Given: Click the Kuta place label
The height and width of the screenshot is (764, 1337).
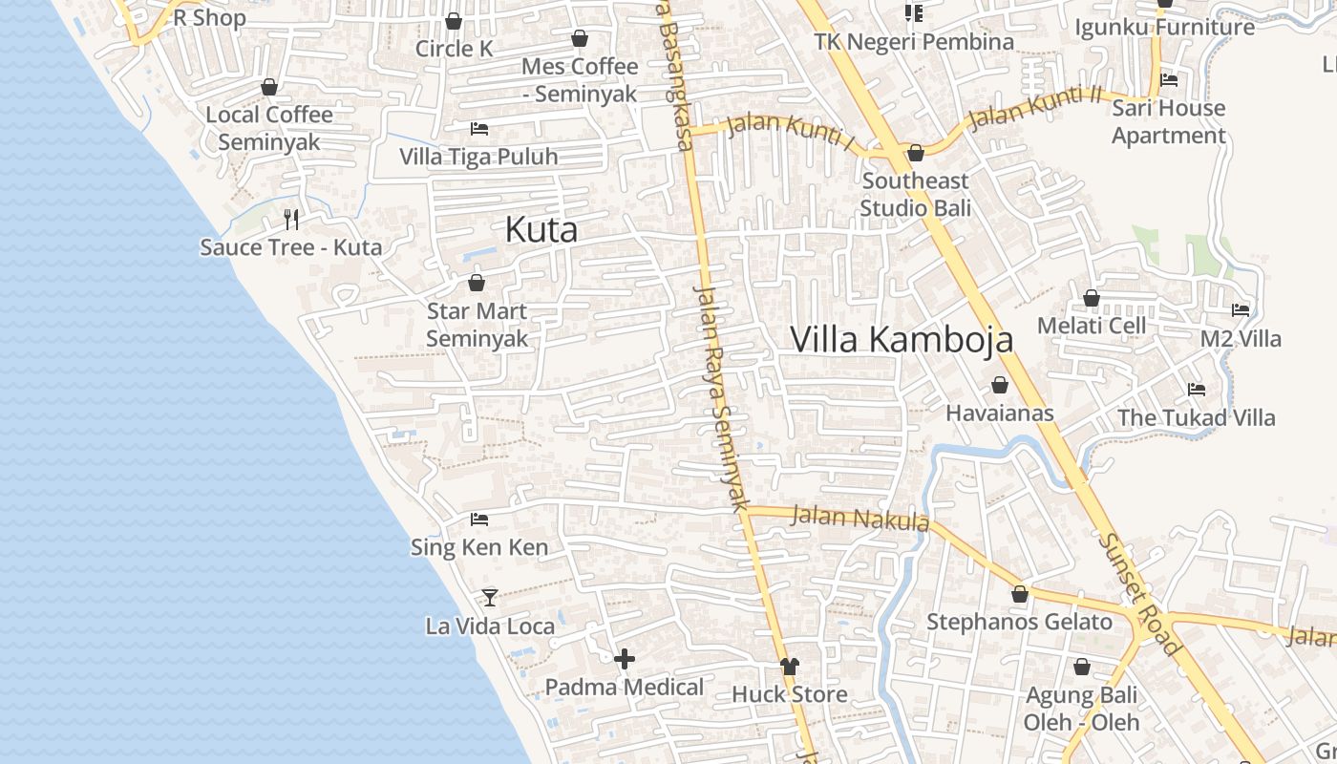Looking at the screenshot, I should pos(541,230).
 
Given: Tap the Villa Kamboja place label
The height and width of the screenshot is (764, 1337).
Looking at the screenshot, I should pos(902,339).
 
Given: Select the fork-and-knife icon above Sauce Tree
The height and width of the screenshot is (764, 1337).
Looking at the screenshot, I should pos(291,220).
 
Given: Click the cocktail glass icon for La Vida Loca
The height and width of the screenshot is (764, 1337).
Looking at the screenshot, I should pos(490,598).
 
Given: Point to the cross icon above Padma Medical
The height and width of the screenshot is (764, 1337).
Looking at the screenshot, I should pos(625,659).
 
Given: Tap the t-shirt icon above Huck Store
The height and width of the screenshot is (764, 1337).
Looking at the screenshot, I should pos(789,666).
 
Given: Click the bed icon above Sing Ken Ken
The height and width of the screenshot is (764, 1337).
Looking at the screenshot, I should pos(479,520).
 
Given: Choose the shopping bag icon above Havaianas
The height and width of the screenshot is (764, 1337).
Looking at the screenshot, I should pos(999,385).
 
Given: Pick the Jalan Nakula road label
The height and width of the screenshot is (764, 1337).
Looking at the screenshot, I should pos(860,519).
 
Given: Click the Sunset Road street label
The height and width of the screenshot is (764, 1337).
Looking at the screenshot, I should pos(1139,593).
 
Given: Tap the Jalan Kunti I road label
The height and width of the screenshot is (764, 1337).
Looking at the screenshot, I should pos(790,133).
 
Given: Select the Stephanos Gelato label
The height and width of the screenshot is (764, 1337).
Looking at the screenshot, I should pos(1019,623).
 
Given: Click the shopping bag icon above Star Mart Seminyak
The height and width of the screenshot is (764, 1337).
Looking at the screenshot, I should pos(476,283).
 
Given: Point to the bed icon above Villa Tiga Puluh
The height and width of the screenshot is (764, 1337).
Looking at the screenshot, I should pos(479,128).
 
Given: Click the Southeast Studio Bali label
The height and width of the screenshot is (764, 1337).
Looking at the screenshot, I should pos(915,194).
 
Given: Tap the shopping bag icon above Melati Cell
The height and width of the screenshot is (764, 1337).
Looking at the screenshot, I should pos(1091,298).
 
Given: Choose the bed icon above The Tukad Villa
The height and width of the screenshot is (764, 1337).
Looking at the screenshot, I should pos(1196,390).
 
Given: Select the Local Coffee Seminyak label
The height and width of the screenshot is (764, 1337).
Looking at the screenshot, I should pos(269,128).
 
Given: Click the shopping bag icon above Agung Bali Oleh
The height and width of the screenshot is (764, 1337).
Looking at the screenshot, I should pos(1081,667).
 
